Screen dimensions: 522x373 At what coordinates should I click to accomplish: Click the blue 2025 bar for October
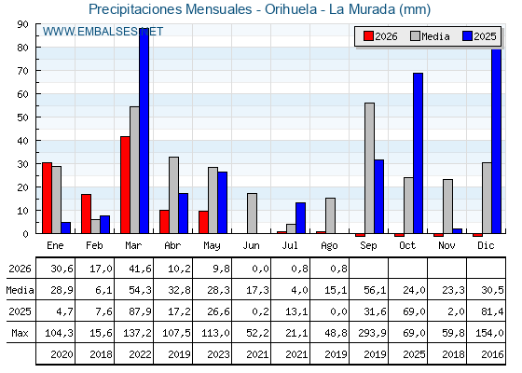419,153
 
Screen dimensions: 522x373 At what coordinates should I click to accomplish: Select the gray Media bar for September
369,168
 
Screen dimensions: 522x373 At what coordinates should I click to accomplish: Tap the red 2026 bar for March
125,185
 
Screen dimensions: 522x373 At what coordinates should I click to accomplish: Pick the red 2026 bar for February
86,214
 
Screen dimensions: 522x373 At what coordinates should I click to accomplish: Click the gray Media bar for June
252,214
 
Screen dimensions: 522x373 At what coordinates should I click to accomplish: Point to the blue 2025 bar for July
300,218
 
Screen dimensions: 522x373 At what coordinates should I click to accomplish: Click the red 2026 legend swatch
368,36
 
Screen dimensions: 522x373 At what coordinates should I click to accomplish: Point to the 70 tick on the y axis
22,71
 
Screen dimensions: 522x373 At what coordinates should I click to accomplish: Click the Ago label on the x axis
329,246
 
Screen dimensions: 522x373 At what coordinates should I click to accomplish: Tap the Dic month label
486,245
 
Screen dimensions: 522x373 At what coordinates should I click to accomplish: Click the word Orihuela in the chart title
291,9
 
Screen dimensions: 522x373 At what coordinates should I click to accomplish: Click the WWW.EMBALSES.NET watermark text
103,32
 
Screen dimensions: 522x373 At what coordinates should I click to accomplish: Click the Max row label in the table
20,333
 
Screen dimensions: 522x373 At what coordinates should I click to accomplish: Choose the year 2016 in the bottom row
492,354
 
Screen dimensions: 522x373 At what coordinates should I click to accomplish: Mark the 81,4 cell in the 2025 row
492,311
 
